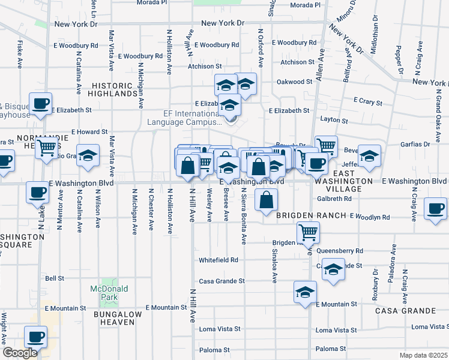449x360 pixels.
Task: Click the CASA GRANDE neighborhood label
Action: click(x=405, y=311)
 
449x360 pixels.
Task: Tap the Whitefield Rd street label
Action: click(x=218, y=260)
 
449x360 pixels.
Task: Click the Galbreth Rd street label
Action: click(x=334, y=198)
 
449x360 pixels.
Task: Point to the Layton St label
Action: click(x=334, y=120)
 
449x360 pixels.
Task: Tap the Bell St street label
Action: click(x=54, y=278)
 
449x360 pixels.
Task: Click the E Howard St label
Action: click(x=89, y=131)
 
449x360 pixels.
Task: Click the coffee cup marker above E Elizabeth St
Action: click(x=40, y=103)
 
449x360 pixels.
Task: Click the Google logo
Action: click(x=20, y=353)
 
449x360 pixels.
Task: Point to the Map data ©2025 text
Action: click(x=424, y=355)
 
